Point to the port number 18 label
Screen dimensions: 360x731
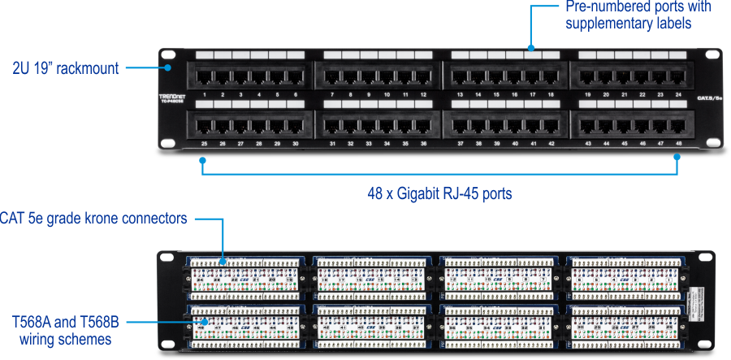551,95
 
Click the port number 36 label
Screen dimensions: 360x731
423,144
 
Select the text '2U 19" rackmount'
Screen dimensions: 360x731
65,69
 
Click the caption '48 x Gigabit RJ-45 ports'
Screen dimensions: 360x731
439,194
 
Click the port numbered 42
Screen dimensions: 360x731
551,126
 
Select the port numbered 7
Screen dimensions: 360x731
332,78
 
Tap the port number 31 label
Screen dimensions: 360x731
332,144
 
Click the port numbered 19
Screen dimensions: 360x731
588,78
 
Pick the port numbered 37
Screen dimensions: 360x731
461,126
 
